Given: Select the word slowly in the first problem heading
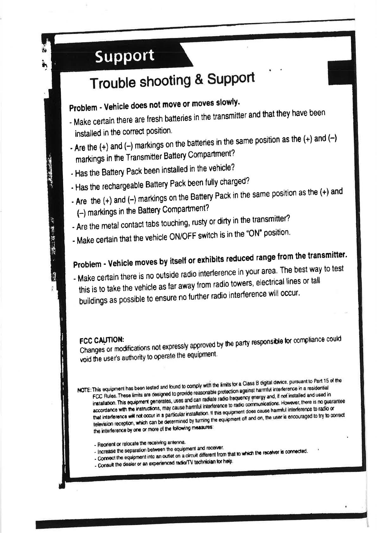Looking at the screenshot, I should pos(227,103).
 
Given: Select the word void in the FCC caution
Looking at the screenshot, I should pos(86,359).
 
